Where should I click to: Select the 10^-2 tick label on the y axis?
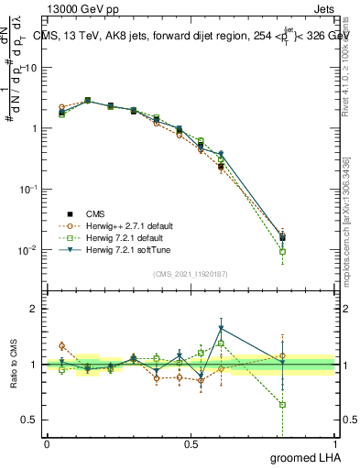click(x=27, y=249)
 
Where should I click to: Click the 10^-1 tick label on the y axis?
click(x=27, y=189)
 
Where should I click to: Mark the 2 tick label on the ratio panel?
click(x=34, y=309)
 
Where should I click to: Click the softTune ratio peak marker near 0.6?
click(x=221, y=329)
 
